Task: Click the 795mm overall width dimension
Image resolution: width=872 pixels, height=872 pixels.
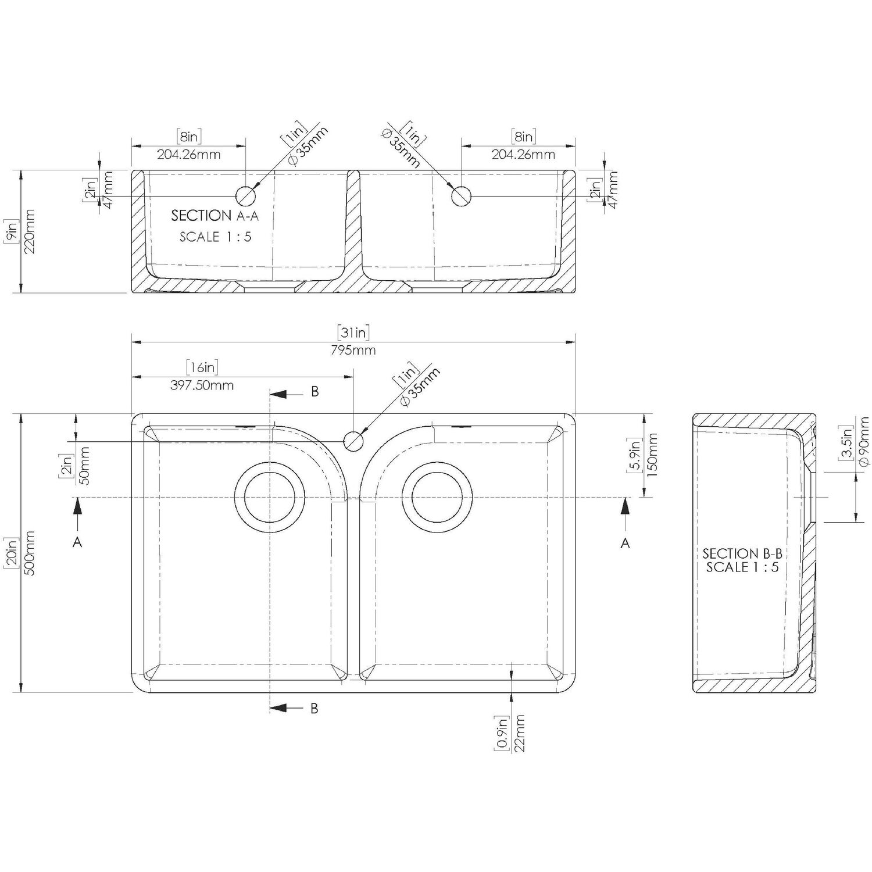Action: tap(353, 350)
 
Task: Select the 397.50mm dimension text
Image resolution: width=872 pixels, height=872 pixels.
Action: tap(203, 385)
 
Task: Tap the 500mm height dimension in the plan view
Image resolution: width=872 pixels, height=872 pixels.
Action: tap(30, 553)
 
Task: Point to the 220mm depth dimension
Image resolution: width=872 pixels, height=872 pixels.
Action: tap(30, 231)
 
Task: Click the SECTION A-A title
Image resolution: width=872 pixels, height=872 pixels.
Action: tap(215, 216)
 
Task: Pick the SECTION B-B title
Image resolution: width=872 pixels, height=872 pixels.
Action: tap(742, 553)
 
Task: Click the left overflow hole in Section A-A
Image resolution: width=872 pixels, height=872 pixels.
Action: tap(245, 196)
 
